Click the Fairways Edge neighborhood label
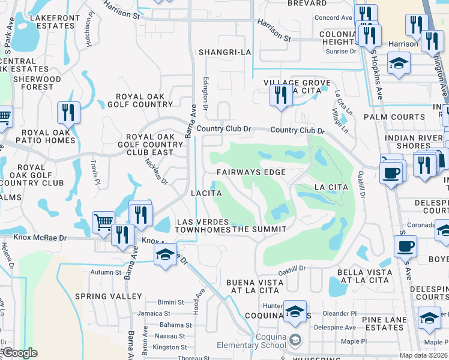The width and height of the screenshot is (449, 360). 251,172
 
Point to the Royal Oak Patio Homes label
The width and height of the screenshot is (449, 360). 49,137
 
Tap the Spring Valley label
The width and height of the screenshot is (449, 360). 109,296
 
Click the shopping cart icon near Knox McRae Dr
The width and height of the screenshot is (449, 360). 103,221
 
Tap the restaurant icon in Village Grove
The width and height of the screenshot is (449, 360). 280,95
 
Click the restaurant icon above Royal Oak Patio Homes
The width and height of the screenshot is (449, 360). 68,112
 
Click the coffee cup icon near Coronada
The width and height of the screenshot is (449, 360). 405,246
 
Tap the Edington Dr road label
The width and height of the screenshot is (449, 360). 206,93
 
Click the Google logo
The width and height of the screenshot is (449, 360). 20,353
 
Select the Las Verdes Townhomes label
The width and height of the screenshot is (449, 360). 203,226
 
